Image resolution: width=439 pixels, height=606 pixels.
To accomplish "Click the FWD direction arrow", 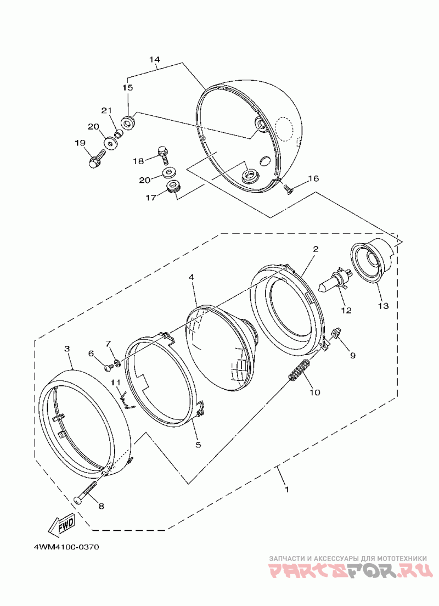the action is click(x=61, y=524).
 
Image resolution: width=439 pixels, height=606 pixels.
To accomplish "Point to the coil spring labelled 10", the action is click(x=300, y=369).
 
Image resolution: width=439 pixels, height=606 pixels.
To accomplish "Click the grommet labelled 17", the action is click(x=174, y=188).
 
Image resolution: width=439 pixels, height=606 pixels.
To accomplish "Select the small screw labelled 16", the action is click(x=288, y=188).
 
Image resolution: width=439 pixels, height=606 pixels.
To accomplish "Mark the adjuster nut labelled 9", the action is click(x=336, y=333).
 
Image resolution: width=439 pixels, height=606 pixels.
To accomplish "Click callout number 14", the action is click(x=154, y=59).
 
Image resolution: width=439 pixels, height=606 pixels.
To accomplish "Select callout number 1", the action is click(x=286, y=488).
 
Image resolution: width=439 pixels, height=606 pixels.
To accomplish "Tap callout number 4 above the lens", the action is click(x=192, y=278).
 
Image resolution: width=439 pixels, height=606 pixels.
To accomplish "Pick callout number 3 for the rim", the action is click(x=67, y=349).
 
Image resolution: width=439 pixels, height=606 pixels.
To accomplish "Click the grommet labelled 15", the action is click(x=128, y=122).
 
